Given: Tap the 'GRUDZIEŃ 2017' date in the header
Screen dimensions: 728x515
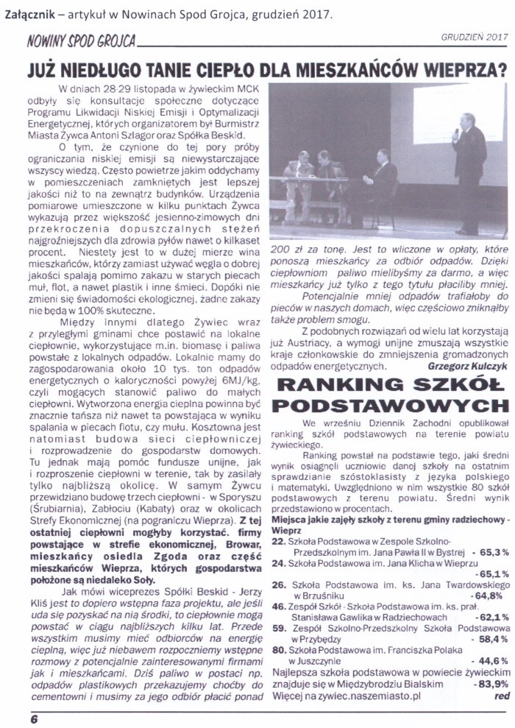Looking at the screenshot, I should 475,37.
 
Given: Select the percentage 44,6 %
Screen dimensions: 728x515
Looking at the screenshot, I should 493,660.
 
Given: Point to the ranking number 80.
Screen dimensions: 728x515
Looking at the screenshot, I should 278,649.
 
